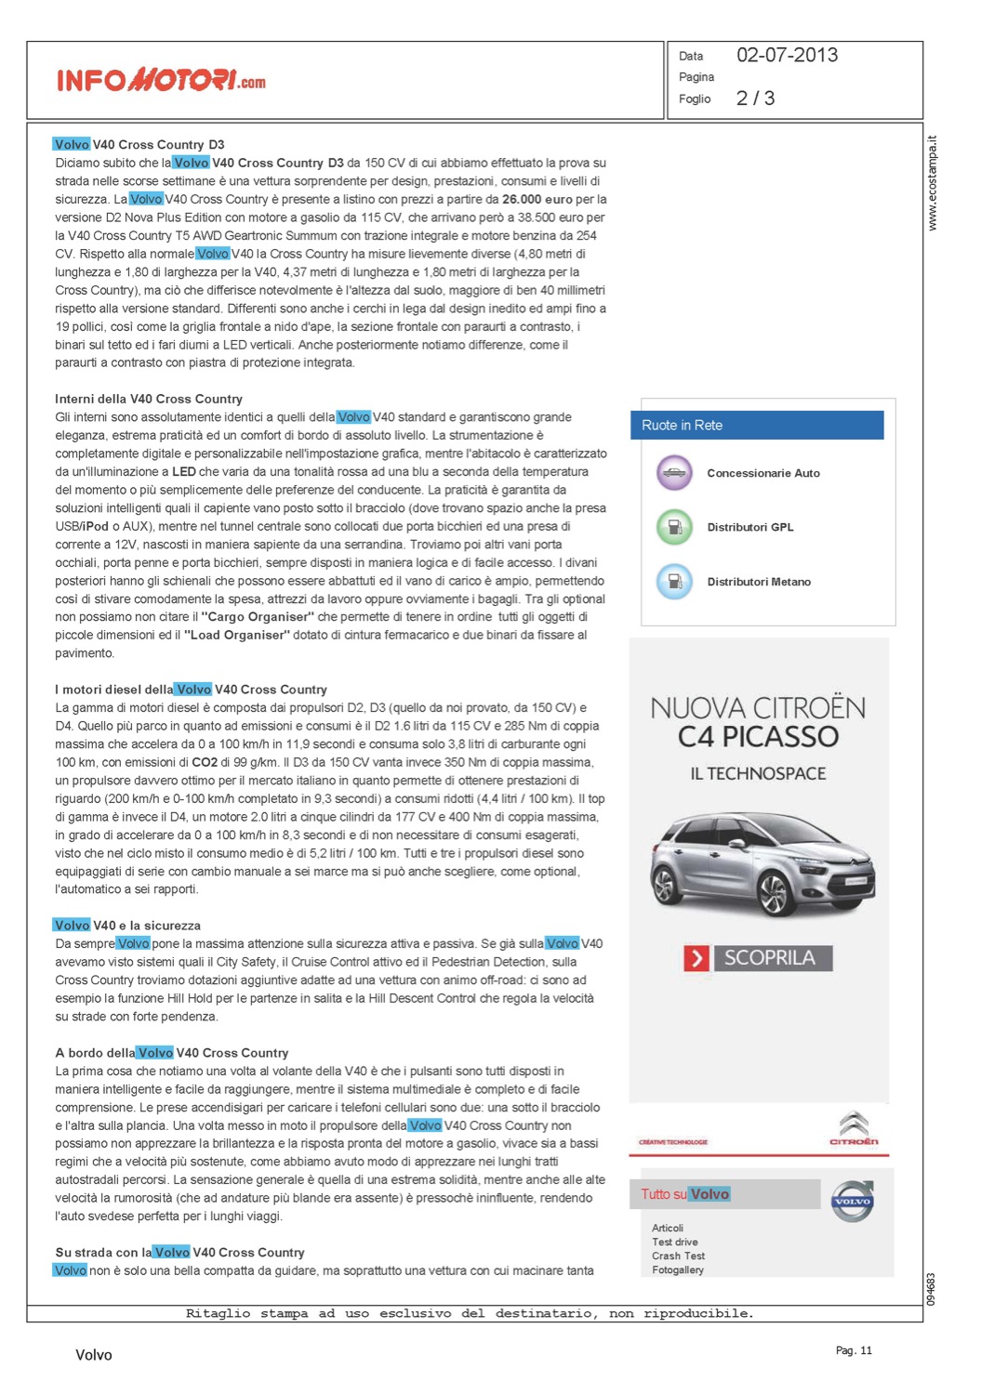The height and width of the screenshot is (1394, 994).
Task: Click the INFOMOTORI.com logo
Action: [x=161, y=80]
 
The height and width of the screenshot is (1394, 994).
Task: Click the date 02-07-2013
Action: [x=787, y=55]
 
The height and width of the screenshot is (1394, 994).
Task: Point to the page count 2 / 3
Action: [x=755, y=99]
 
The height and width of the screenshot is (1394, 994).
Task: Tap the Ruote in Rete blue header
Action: [x=757, y=425]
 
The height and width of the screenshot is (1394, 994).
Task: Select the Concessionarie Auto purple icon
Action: [x=674, y=473]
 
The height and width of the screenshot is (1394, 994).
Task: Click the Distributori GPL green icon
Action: [x=674, y=527]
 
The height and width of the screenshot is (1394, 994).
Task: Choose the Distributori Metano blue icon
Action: [x=674, y=582]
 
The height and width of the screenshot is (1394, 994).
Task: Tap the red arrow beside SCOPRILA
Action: [x=696, y=958]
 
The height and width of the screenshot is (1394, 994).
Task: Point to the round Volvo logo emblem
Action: [x=852, y=1201]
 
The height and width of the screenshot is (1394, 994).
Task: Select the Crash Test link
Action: [x=678, y=1256]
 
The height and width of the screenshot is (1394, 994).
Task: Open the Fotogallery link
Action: [x=678, y=1269]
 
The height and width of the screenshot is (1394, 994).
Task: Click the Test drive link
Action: [x=675, y=1242]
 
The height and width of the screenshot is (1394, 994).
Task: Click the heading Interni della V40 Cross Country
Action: [x=149, y=399]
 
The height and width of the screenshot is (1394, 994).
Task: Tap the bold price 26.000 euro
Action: [x=537, y=199]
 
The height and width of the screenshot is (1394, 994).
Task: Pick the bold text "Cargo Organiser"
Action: [x=258, y=616]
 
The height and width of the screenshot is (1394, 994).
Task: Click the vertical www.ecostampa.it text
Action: [x=933, y=183]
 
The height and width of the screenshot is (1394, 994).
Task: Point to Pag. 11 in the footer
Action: [x=854, y=1350]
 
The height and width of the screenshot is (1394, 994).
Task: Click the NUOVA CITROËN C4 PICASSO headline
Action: [x=758, y=722]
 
